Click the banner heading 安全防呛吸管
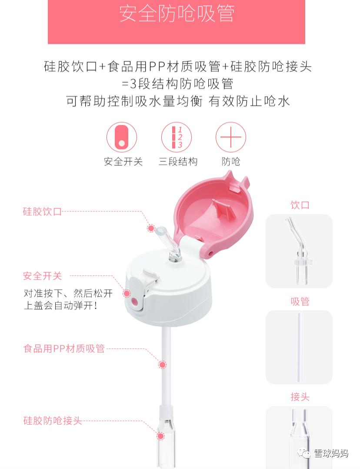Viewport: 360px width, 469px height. click(x=177, y=13)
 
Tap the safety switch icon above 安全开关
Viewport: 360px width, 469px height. click(x=122, y=137)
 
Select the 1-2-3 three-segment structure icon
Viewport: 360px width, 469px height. click(x=177, y=137)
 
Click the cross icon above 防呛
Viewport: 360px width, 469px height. click(x=230, y=137)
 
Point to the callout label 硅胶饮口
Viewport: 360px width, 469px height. click(x=42, y=212)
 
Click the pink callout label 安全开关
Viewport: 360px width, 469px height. click(x=42, y=276)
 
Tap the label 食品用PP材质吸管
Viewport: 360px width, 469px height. click(x=64, y=348)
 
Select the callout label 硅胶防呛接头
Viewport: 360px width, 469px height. click(x=53, y=421)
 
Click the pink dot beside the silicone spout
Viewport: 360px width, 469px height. click(x=151, y=228)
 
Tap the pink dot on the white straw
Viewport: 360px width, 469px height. click(x=162, y=365)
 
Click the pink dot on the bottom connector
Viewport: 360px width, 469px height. click(x=160, y=435)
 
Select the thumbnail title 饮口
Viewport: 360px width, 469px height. click(x=300, y=205)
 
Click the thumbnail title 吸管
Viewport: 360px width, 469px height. click(x=300, y=301)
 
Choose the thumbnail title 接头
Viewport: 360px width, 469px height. click(x=300, y=397)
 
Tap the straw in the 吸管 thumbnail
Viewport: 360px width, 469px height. click(x=299, y=347)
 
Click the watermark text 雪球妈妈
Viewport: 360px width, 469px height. click(x=331, y=453)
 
